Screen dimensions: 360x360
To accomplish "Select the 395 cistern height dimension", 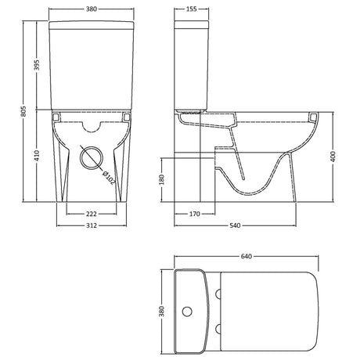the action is (37, 65).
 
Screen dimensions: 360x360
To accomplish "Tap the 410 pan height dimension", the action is (37, 156).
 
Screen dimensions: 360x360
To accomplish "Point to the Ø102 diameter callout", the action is (109, 178).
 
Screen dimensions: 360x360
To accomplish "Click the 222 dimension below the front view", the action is (92, 214).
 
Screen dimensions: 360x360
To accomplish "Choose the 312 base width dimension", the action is (92, 225).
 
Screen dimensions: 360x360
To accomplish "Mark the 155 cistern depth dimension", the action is (191, 9).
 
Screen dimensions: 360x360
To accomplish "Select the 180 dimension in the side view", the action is (161, 180).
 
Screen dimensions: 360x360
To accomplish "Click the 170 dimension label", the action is (195, 214).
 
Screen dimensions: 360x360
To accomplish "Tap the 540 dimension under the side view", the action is (235, 225).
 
